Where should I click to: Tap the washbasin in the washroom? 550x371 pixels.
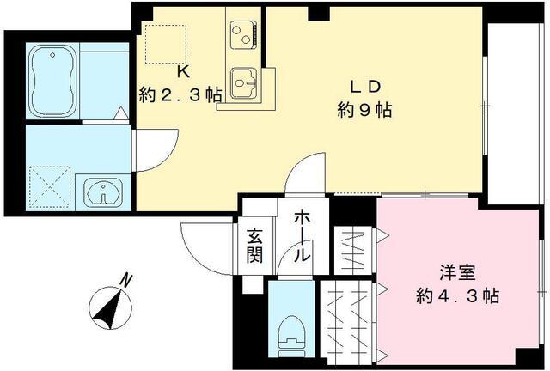[104, 193]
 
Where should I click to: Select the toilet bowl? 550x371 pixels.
[292, 331]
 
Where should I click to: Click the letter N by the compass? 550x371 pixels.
[126, 280]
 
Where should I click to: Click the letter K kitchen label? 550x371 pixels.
[182, 73]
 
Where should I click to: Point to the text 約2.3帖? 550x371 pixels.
[180, 94]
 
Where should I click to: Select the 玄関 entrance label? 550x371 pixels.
[255, 244]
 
